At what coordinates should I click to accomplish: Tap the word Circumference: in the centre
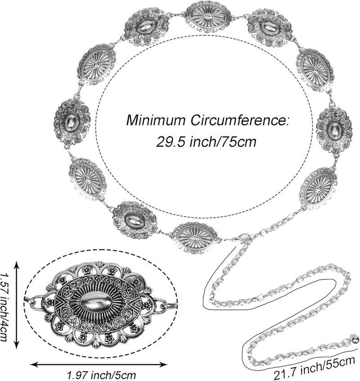pos(239,120)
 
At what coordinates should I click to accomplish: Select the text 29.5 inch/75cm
pos(206,141)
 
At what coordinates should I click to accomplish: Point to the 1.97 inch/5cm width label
pos(101,375)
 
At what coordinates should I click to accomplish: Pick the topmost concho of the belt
pos(208,16)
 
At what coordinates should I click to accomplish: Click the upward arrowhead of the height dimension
pos(16,264)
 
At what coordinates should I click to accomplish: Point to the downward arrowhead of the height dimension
pos(16,345)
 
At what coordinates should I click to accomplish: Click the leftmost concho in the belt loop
pos(72,123)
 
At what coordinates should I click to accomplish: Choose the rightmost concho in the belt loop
pos(334,130)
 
